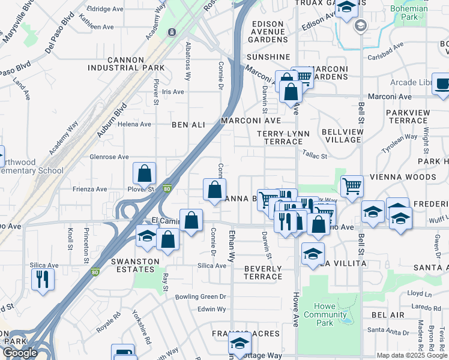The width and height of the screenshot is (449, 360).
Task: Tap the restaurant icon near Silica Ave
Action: click(43, 280)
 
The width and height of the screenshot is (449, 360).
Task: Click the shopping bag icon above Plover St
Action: click(145, 174)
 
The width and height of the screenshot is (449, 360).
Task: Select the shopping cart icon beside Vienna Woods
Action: click(352, 186)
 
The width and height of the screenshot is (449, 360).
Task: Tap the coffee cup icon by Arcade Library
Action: click(442, 85)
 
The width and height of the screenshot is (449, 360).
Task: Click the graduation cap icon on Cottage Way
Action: click(240, 345)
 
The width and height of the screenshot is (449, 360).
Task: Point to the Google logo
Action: click(20, 353)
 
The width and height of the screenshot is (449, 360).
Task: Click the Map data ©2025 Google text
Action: click(411, 355)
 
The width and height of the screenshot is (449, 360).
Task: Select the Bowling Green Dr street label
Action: click(200, 297)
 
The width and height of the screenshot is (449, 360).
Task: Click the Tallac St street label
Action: click(315, 155)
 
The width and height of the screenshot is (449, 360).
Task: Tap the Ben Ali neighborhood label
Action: click(188, 125)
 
